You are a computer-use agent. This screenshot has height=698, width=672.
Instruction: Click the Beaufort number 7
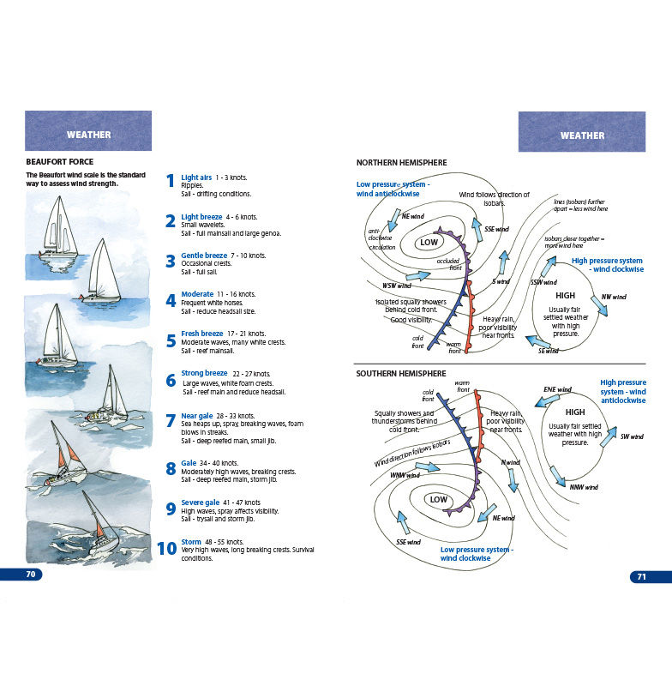171,421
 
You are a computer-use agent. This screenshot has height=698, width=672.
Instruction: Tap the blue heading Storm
191,542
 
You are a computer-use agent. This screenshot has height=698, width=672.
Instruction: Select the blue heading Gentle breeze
204,256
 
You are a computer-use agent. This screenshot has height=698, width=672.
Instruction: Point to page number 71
641,577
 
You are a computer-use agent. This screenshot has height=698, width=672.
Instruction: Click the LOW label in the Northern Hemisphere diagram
429,243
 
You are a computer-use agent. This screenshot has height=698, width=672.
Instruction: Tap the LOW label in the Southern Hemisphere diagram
438,500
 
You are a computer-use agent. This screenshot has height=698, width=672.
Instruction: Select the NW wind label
613,298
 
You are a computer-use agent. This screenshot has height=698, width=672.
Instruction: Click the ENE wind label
557,390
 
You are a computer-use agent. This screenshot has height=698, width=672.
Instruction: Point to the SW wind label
631,437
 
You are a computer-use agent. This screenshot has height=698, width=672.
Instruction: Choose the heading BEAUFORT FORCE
60,161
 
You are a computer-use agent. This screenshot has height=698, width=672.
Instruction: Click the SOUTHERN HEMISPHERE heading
401,374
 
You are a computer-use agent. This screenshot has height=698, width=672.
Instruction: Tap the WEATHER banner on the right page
582,135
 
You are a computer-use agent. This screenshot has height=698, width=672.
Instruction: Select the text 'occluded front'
449,264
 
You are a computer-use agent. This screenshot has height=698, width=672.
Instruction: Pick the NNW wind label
583,487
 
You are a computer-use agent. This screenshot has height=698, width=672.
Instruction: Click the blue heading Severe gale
200,502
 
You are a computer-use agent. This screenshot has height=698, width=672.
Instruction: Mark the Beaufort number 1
171,181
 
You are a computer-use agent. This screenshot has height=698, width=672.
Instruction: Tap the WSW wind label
396,286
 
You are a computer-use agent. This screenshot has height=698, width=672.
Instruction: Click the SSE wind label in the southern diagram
408,542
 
